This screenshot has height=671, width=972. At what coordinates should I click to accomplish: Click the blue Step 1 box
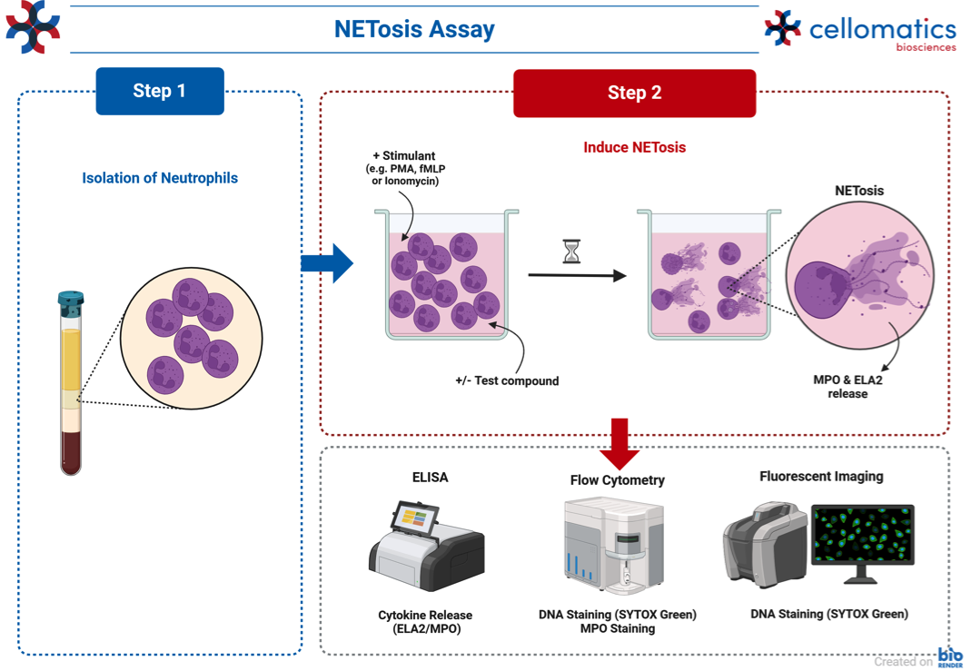[x=160, y=91]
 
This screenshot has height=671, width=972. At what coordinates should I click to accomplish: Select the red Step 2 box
[x=634, y=93]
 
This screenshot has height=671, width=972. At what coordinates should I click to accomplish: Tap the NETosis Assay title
[x=414, y=29]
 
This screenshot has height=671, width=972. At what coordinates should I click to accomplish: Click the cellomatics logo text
[x=882, y=29]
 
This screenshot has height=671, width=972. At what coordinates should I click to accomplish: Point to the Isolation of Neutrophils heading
[x=160, y=178]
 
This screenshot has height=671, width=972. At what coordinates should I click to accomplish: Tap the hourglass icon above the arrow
[x=571, y=251]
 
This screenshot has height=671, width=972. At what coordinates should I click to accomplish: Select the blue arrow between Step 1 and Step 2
[x=327, y=263]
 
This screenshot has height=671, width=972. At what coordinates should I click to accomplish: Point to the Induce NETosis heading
[x=634, y=147]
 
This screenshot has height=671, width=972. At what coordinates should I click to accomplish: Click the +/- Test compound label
[x=507, y=381]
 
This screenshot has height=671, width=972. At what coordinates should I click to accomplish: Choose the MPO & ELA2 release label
[x=848, y=387]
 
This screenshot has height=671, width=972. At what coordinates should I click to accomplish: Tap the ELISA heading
[x=431, y=477]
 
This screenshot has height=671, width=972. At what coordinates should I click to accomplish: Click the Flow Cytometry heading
[x=618, y=480]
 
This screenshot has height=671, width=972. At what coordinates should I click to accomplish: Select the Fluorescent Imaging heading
[x=821, y=477]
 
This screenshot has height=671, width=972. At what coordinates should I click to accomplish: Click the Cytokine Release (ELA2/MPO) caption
[x=425, y=621]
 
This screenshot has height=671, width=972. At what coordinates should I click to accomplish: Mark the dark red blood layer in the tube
[x=71, y=452]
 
